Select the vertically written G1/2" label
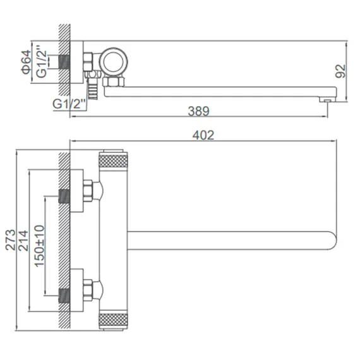42,61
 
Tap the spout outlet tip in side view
327,99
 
